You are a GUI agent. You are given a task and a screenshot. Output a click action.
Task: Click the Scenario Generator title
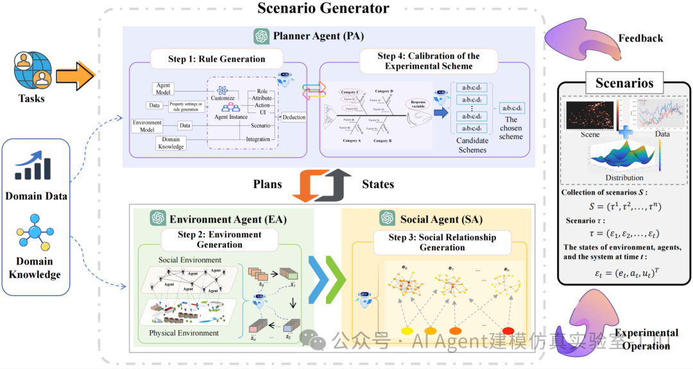coord(323,8)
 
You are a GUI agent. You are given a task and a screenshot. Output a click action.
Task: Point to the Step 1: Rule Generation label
coord(216,59)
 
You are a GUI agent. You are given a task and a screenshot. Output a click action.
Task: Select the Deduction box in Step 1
coord(294,117)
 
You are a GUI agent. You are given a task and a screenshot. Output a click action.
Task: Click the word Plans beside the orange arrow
coord(268,184)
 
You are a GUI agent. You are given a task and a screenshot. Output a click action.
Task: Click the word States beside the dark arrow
coord(378,184)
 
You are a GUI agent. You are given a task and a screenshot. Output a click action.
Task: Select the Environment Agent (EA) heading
coord(227,218)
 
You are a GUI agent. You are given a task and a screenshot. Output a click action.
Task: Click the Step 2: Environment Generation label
coord(219,239)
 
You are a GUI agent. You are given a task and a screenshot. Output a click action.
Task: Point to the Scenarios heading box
coord(624,83)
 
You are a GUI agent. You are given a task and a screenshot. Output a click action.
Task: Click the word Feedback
coord(641,39)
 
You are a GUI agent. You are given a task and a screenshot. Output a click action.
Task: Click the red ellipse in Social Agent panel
coord(508,330)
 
